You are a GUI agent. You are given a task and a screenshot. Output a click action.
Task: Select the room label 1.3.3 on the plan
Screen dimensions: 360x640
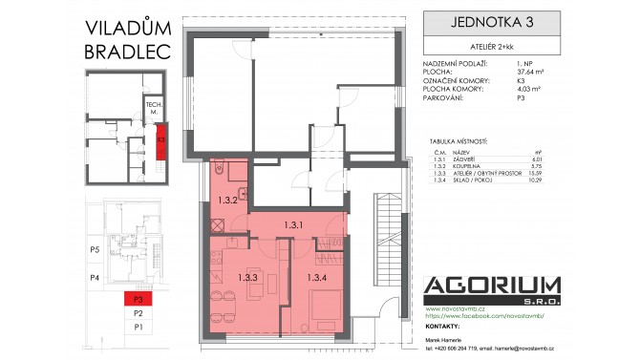pyautogui.click(x=248, y=278)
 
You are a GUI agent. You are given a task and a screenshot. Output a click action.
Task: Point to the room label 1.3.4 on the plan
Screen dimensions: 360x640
pyautogui.click(x=316, y=278)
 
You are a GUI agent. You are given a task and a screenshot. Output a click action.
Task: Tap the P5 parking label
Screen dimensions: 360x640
pyautogui.click(x=95, y=250)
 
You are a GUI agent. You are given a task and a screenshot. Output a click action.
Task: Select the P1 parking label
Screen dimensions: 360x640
pyautogui.click(x=138, y=327)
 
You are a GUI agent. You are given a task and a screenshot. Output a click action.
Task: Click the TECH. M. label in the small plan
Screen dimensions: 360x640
pyautogui.click(x=152, y=107)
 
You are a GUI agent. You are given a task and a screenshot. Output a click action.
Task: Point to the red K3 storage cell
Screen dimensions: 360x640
pyautogui.click(x=161, y=138)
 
